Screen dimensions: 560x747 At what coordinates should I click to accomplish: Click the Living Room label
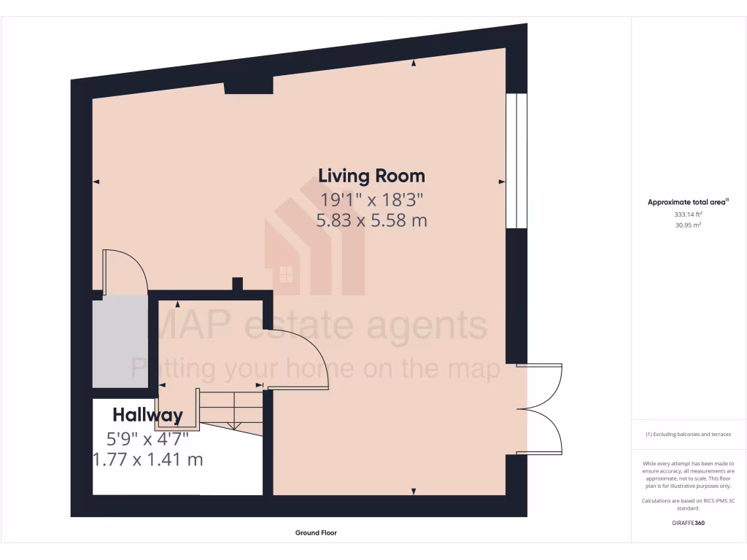371,176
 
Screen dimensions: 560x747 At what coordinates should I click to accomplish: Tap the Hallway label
147,416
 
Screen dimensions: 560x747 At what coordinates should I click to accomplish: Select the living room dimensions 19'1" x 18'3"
371,199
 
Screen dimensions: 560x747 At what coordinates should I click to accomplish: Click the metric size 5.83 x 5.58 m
371,219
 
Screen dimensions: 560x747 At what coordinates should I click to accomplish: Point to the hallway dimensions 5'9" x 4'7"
147,439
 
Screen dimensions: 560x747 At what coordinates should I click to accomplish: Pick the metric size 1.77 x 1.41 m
147,460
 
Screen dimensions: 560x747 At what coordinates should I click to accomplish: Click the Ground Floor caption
316,533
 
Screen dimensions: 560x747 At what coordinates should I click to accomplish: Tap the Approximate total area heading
688,203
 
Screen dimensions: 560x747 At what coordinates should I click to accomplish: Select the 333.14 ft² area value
688,215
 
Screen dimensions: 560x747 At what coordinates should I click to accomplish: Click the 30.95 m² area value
688,225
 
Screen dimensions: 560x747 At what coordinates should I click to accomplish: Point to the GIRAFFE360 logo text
688,523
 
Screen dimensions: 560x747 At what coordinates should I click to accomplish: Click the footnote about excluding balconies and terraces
688,435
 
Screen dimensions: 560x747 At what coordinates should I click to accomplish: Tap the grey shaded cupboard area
120,341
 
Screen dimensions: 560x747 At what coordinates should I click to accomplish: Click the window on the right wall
516,160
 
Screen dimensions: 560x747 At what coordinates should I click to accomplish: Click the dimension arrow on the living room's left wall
96,182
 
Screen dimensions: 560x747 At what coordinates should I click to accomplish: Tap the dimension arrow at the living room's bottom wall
414,491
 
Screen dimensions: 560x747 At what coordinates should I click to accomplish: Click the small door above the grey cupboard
125,271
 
